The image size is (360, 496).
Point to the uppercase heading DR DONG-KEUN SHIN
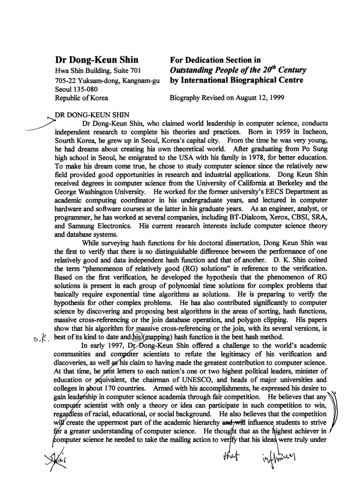point(90,114)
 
